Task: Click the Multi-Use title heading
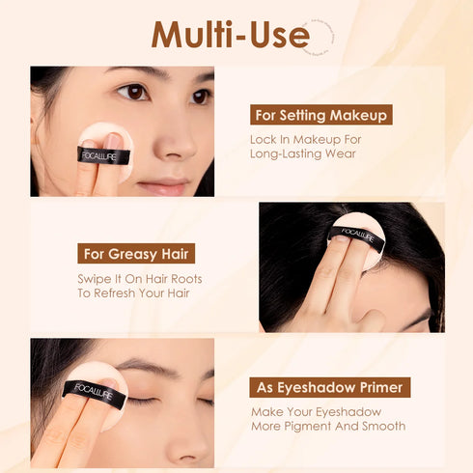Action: point(230,35)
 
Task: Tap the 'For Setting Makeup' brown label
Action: point(321,115)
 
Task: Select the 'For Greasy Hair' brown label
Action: point(136,254)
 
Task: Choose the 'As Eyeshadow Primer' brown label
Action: point(329,387)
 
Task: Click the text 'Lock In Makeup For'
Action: point(304,138)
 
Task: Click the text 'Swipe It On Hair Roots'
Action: point(140,278)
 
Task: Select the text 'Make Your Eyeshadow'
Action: point(314,411)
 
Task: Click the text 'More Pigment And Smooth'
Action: point(327,426)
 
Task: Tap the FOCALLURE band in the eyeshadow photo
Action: point(91,392)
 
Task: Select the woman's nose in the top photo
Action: point(172,143)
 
